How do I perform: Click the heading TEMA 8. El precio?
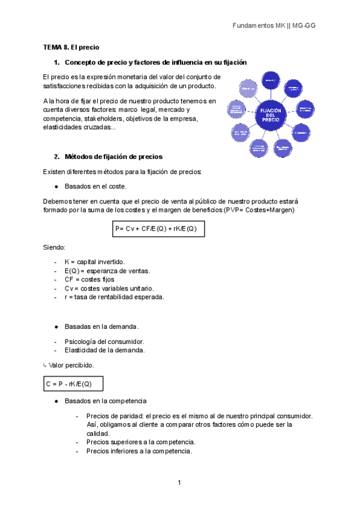point(71,47)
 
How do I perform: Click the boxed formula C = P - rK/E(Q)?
point(73,384)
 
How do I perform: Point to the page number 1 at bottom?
point(179,483)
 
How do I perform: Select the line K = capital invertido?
point(94,262)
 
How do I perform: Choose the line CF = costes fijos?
point(89,279)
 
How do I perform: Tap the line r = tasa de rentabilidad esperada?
point(114,297)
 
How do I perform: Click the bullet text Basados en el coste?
point(95,186)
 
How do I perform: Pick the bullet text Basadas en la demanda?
point(101,327)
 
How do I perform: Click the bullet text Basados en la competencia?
point(105,400)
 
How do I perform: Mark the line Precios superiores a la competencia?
point(140,442)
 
